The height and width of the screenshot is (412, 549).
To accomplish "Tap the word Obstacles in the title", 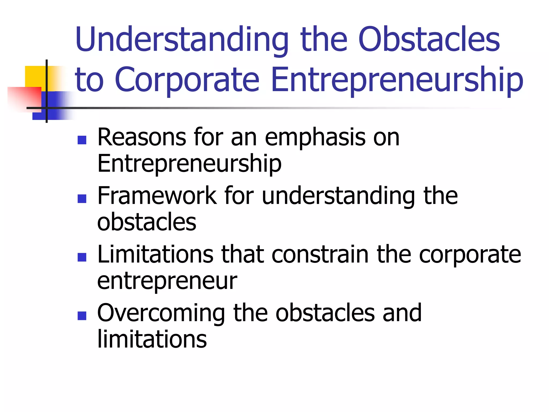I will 429,40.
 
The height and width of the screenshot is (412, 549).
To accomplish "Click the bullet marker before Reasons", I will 82,140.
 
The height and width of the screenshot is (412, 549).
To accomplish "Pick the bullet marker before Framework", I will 82,199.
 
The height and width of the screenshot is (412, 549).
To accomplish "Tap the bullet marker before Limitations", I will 82,257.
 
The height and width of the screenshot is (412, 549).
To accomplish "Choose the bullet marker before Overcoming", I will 82,316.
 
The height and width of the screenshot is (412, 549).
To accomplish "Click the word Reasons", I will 142,137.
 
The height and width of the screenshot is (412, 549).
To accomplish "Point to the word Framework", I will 157,196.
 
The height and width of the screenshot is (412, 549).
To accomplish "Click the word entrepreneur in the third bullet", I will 167,282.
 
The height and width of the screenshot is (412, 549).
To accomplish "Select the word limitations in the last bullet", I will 152,339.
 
